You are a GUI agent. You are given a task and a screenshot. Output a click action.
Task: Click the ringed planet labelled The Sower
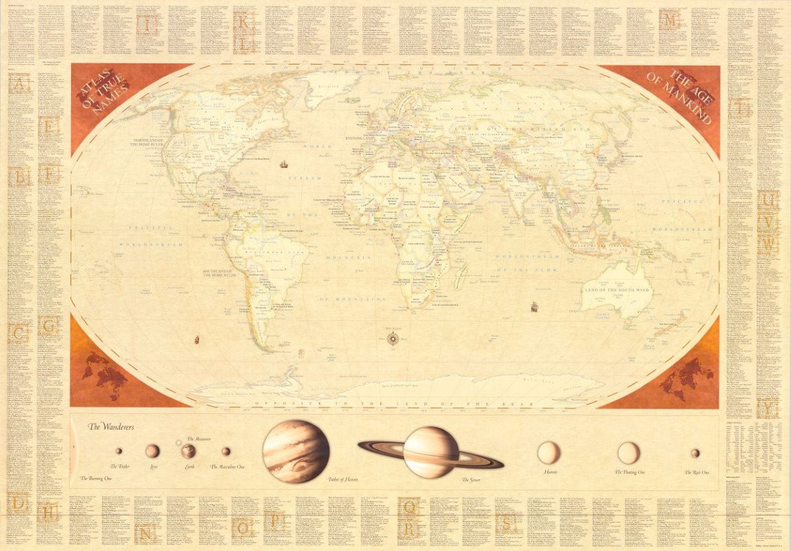(430, 451)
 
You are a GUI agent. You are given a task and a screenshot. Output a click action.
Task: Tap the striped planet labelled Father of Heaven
(296, 451)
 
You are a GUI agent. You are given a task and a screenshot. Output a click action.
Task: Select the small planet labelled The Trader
(119, 451)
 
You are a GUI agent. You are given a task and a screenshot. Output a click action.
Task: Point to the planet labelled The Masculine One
(226, 451)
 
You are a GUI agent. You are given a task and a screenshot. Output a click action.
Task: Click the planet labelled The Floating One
(628, 453)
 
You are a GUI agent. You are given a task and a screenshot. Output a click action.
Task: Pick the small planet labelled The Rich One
(695, 453)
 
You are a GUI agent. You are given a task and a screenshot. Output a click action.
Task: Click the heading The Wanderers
(110, 427)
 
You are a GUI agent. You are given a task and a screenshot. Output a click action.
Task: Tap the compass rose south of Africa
(393, 337)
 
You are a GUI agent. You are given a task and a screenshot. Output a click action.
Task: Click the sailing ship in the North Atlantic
(283, 164)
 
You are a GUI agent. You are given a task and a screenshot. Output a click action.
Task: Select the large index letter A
(19, 84)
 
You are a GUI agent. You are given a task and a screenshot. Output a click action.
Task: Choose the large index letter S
(507, 523)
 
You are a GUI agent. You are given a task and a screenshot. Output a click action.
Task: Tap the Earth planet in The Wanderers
(188, 451)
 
